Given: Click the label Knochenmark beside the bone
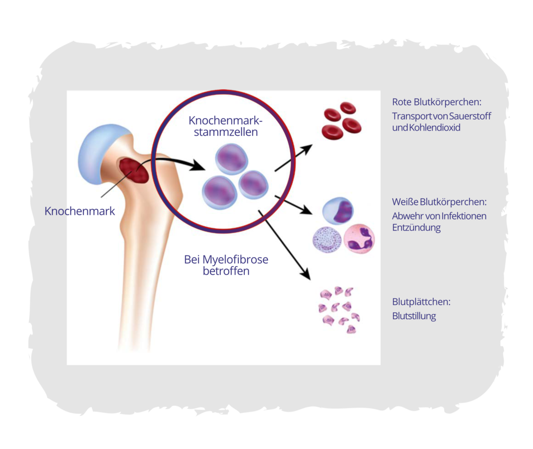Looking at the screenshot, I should pyautogui.click(x=79, y=211).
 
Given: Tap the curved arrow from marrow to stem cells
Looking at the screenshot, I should pyautogui.click(x=173, y=161).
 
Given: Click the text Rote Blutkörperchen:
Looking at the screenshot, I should pyautogui.click(x=436, y=102).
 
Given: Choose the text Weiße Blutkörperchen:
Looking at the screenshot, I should pyautogui.click(x=439, y=202).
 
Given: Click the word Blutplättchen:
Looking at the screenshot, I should pyautogui.click(x=421, y=302).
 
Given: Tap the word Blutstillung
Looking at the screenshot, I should pyautogui.click(x=414, y=316).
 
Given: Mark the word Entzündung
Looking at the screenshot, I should pyautogui.click(x=416, y=228).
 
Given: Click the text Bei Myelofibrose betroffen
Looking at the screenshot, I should pyautogui.click(x=226, y=265).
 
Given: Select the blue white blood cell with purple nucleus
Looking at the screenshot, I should pyautogui.click(x=338, y=211).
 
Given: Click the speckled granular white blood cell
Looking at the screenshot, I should pyautogui.click(x=327, y=239).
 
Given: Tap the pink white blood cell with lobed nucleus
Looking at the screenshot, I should pyautogui.click(x=359, y=239).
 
